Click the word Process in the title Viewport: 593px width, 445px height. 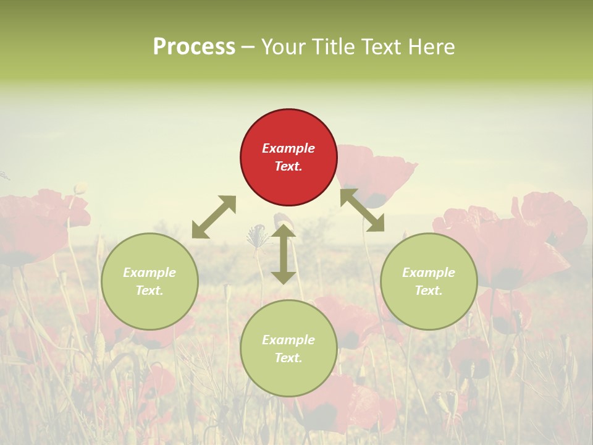point(194,46)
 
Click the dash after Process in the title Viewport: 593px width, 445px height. point(248,48)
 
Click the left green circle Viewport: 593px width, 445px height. point(149,281)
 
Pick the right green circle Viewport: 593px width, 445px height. point(429,281)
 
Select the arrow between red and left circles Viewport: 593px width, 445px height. point(214,217)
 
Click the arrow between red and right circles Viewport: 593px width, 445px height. point(363,210)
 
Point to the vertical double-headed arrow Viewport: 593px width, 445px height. point(283,254)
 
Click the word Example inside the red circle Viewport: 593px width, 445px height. point(288,148)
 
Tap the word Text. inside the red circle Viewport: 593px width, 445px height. point(288,166)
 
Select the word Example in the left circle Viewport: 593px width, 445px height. point(149,273)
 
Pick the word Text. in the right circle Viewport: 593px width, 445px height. point(429,290)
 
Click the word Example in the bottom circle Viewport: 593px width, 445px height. point(288,340)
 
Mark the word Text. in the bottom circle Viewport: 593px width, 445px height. point(288,358)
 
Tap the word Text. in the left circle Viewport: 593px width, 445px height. point(149,290)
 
